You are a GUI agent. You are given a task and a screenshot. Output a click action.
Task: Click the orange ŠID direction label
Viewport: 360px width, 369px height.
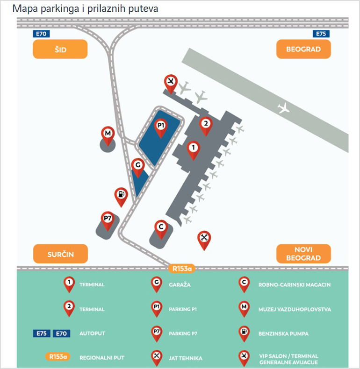(60, 49)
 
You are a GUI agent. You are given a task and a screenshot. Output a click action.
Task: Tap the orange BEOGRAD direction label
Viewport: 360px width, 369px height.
(303, 49)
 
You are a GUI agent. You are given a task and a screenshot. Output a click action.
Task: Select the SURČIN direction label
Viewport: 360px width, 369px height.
(60, 254)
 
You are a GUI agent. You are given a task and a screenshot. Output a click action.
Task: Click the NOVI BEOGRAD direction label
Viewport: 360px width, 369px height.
(303, 254)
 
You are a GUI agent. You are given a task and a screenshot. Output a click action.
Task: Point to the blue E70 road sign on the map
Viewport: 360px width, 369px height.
(40, 34)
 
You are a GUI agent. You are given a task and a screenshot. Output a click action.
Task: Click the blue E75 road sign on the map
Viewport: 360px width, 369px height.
(320, 34)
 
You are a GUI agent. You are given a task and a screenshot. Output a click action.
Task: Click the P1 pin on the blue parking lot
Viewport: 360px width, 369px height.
(161, 127)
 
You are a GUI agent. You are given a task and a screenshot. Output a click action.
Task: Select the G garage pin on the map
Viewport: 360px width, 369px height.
(137, 166)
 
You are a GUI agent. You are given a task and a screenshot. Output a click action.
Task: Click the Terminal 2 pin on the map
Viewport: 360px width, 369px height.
(205, 124)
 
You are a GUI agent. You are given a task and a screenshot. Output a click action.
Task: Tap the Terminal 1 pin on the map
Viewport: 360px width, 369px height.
(193, 149)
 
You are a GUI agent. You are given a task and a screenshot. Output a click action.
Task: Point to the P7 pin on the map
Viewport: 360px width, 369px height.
(108, 219)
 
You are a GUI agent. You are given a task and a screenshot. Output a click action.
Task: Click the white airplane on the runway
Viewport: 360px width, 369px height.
(284, 108)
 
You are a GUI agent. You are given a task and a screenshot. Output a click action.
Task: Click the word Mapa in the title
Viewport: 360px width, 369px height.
(24, 8)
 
